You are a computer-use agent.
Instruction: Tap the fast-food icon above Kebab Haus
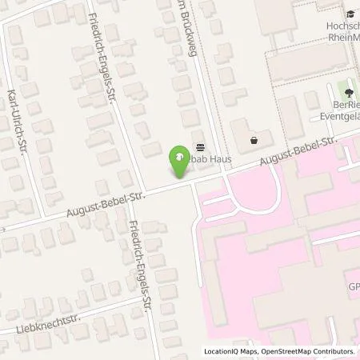point(199,147)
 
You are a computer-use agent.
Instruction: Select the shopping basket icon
point(254,140)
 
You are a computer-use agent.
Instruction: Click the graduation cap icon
point(350,14)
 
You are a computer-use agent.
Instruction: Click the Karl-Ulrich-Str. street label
point(19,121)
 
